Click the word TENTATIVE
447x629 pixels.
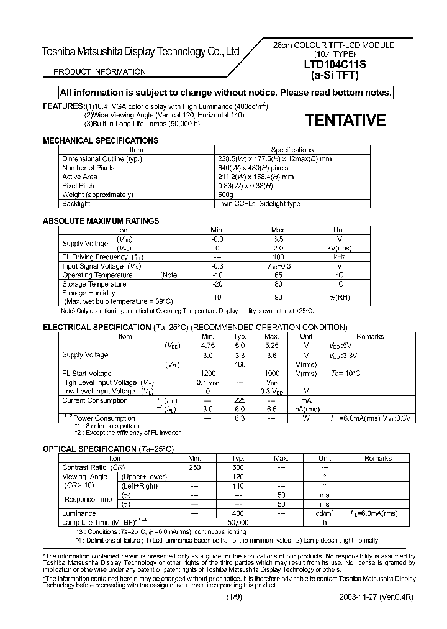(345, 120)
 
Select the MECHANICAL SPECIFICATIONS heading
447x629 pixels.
(100, 140)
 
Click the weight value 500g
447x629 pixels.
(226, 195)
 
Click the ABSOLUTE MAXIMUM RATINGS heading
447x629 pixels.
(101, 221)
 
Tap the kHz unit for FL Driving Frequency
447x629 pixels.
(340, 257)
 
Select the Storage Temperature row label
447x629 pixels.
(94, 283)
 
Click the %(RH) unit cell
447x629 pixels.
(340, 297)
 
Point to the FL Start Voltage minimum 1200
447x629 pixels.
(207, 373)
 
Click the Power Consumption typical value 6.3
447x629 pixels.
(239, 418)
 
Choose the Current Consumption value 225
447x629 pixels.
(239, 400)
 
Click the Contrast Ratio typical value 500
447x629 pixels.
(238, 467)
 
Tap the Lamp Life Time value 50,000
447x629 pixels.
(238, 523)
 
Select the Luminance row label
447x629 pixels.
(79, 513)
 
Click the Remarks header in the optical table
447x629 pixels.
(377, 458)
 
